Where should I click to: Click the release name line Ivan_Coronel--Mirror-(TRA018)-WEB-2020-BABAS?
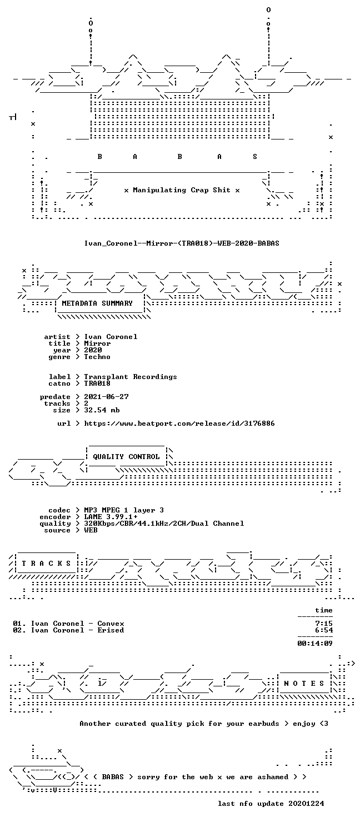click(x=182, y=243)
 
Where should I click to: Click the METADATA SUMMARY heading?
click(x=97, y=303)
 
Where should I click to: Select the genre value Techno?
click(x=97, y=357)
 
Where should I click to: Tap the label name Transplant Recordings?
click(x=131, y=377)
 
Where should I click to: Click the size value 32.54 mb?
click(x=102, y=410)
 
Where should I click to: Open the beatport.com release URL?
click(x=179, y=424)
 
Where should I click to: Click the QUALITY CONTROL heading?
click(x=126, y=457)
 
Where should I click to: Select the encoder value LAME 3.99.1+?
click(x=111, y=517)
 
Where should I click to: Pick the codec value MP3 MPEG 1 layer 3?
click(x=124, y=510)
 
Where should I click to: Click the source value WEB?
click(x=91, y=530)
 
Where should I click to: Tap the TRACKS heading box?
click(x=46, y=564)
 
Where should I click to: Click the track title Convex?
click(x=111, y=624)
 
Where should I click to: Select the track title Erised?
click(x=111, y=630)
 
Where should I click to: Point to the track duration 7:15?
click(x=324, y=624)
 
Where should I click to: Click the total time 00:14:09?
click(x=315, y=644)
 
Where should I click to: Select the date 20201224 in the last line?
click(x=307, y=804)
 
